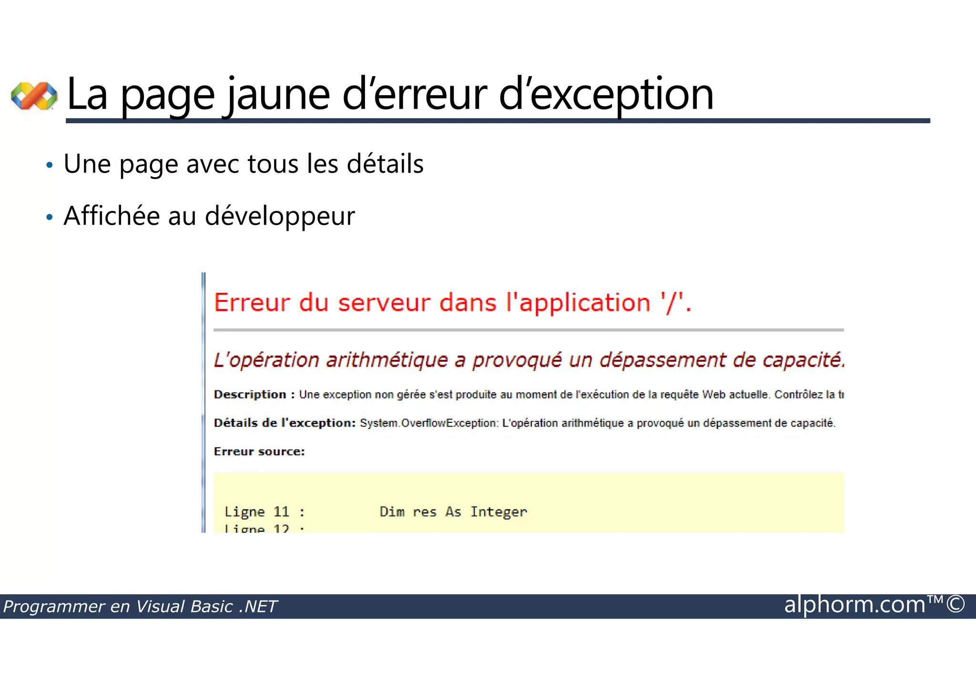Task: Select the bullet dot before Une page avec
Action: [49, 165]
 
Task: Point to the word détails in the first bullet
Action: [385, 164]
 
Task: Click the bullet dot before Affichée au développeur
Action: [49, 217]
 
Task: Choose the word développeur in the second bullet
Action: [280, 216]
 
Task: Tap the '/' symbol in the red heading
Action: [671, 303]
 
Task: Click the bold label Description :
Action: [254, 395]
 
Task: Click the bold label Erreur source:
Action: [259, 451]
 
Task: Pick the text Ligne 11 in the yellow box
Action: [257, 512]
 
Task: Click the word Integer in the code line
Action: [498, 512]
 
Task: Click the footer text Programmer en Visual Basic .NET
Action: [140, 607]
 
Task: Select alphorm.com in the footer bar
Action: [854, 605]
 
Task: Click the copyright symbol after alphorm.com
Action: [956, 604]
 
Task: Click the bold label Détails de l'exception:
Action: [285, 423]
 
